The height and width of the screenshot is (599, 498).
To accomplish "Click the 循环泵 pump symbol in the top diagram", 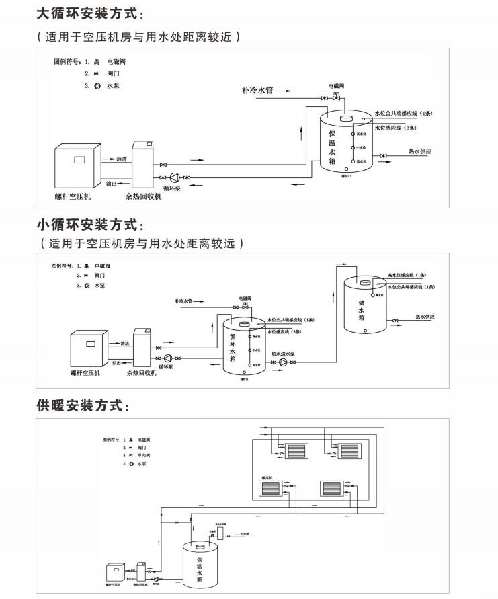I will (x=173, y=177).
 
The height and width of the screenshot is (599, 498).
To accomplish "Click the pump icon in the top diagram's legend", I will (x=97, y=86).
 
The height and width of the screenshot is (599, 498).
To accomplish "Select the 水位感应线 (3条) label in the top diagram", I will (x=396, y=127).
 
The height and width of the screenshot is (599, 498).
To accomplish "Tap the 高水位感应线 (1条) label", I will (x=407, y=274).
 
